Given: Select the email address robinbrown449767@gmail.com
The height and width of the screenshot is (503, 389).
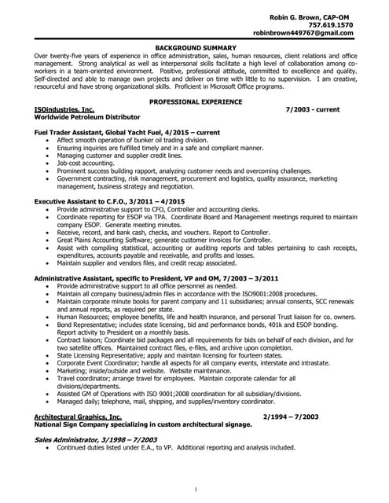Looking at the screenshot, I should [x=314, y=34].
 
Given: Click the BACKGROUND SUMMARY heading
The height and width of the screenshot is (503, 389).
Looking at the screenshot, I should [x=194, y=49].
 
